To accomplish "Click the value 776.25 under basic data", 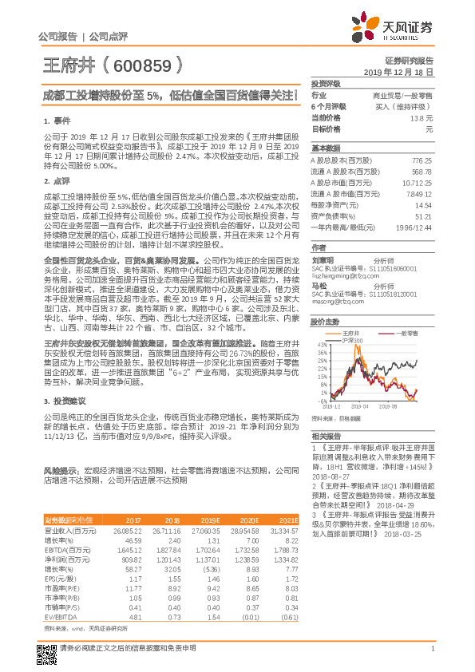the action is pyautogui.click(x=422, y=160).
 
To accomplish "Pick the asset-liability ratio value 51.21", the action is pyautogui.click(x=425, y=215).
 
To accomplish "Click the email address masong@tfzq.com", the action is pyautogui.click(x=334, y=280).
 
